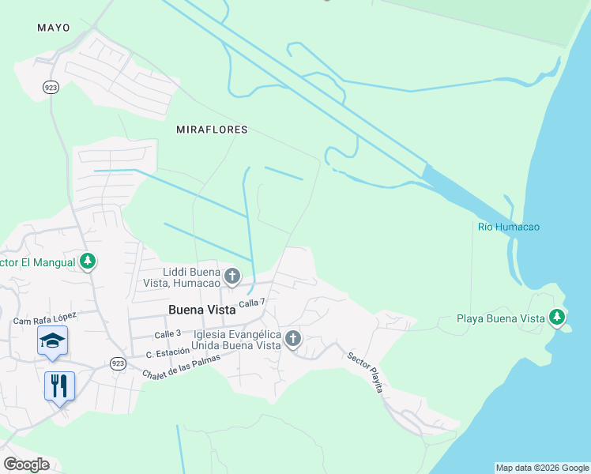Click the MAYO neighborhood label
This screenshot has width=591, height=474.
tap(54, 28)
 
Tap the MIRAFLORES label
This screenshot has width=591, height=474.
tap(212, 129)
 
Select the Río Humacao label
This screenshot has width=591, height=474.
tap(509, 228)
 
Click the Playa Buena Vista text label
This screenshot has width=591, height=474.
tap(501, 319)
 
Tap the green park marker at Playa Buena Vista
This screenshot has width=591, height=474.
tap(558, 317)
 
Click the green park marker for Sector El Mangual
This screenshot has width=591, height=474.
tap(88, 261)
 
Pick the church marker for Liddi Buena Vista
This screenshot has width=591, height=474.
tap(232, 276)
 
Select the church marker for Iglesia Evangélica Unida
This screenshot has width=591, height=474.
tap(293, 339)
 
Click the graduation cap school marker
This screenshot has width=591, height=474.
tap(53, 340)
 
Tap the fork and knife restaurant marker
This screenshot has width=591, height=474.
tap(59, 386)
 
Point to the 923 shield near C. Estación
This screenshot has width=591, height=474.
tap(117, 363)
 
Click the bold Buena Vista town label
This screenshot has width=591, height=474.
tap(202, 310)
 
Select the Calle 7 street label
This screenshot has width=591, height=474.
tap(252, 303)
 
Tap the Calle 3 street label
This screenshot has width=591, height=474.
tap(168, 334)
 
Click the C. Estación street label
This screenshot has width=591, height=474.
tap(165, 352)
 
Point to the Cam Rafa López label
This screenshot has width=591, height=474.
tap(44, 319)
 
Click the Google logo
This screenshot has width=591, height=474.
tap(27, 465)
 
